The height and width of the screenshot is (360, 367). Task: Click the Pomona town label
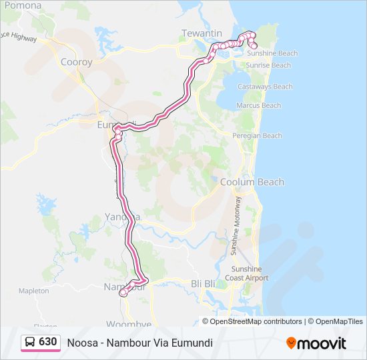[23, 5]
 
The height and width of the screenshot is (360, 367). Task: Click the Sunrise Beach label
[268, 65]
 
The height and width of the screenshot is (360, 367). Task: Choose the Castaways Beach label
[265, 87]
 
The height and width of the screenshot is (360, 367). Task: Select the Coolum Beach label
[252, 182]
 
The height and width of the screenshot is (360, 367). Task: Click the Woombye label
[128, 325]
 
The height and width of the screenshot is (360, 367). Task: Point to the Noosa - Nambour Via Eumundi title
[139, 343]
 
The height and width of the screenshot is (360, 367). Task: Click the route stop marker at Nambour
[123, 293]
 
